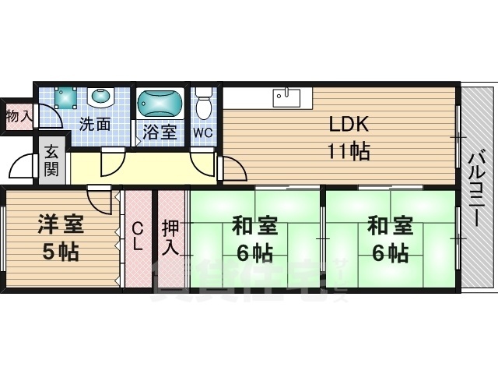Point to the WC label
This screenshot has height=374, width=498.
[x=203, y=132]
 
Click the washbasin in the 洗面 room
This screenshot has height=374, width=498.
[x=100, y=97]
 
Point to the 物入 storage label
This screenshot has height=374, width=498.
[x=17, y=117]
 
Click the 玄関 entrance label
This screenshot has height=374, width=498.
[x=51, y=159]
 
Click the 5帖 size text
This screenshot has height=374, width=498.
[x=60, y=252]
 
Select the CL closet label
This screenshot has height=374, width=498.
[x=137, y=236]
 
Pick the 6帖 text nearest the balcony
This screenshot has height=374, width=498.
[x=389, y=252]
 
